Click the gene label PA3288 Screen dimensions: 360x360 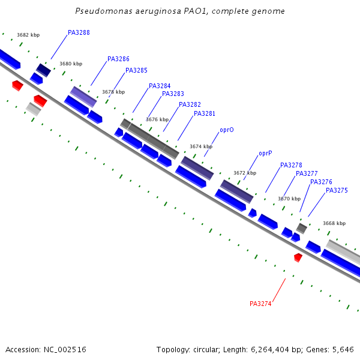(79, 32)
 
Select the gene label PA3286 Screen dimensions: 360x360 (118, 59)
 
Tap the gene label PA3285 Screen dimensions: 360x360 (136, 71)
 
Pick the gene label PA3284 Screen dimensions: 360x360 (160, 86)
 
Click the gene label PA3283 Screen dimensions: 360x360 (173, 94)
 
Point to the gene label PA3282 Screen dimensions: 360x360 (190, 105)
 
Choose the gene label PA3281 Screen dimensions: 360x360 (205, 114)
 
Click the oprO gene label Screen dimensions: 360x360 (227, 130)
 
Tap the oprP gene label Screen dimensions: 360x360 (266, 154)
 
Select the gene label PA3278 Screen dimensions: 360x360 (291, 166)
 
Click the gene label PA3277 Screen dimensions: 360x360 (307, 174)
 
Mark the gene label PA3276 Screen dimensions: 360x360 (321, 182)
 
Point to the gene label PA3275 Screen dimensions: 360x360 (337, 191)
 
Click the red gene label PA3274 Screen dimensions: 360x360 (260, 304)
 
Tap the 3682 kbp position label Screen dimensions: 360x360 (28, 35)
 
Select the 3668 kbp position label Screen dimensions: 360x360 (334, 224)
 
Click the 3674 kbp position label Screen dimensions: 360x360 (201, 147)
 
